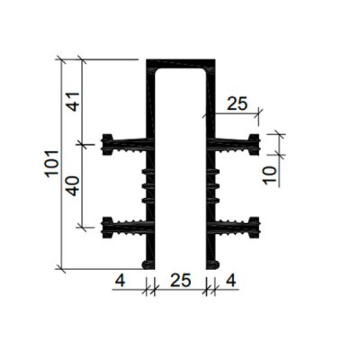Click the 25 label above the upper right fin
click(236, 103)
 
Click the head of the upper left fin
click(109, 142)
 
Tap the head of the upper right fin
click(255, 142)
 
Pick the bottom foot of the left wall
click(148, 263)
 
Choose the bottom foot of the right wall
click(213, 263)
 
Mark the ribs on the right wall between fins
click(217, 184)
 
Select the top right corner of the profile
click(216, 62)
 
